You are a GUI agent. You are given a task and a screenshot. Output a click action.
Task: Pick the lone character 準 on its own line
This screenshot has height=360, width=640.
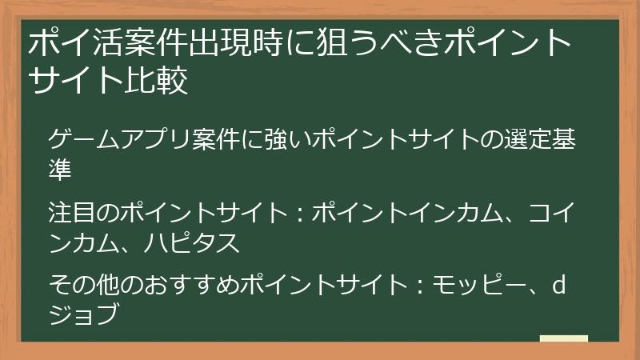60,169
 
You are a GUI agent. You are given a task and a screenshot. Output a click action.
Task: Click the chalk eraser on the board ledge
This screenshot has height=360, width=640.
564,338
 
